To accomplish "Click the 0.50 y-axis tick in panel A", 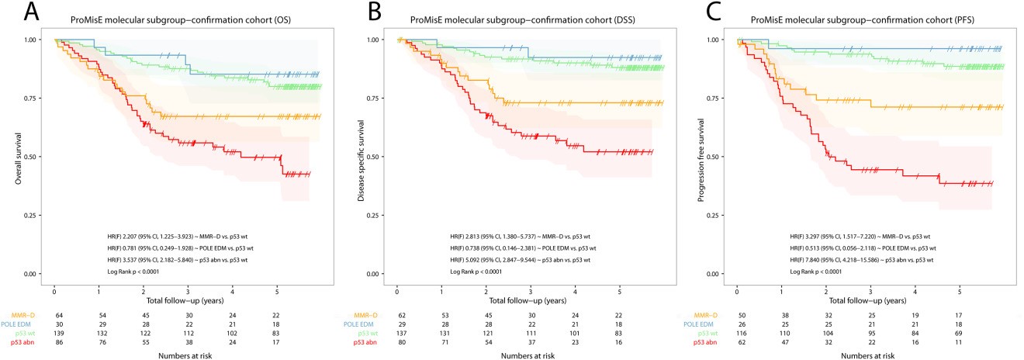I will pos(32,157).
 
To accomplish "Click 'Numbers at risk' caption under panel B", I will pos(510,355).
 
